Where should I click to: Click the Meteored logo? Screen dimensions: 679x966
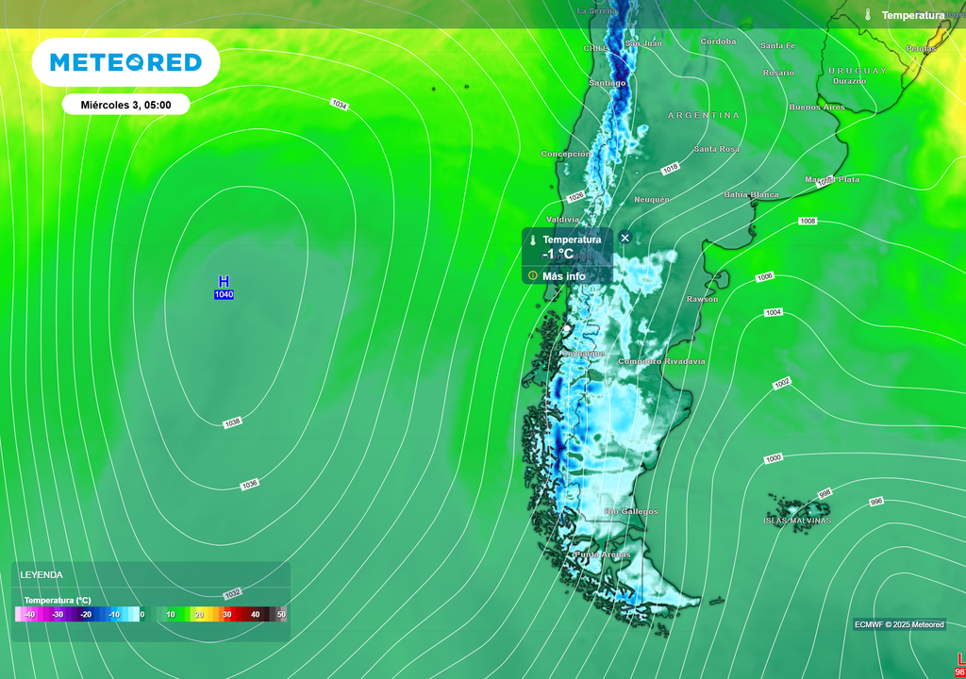pyautogui.click(x=125, y=62)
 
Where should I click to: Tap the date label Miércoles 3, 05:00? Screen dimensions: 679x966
pyautogui.click(x=125, y=105)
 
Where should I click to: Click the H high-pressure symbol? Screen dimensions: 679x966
pyautogui.click(x=224, y=281)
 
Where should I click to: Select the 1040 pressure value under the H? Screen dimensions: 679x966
pyautogui.click(x=224, y=295)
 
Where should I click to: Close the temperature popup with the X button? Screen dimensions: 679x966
pyautogui.click(x=625, y=238)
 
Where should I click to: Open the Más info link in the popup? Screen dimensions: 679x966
pyautogui.click(x=563, y=276)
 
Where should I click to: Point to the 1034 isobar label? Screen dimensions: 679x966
pyautogui.click(x=339, y=105)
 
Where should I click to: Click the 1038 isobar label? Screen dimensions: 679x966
pyautogui.click(x=233, y=423)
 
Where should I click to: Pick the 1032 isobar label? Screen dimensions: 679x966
pyautogui.click(x=233, y=593)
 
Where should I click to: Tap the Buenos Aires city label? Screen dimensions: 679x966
pyautogui.click(x=817, y=108)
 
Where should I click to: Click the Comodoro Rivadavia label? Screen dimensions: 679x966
pyautogui.click(x=661, y=361)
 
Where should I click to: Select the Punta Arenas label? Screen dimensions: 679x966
pyautogui.click(x=602, y=555)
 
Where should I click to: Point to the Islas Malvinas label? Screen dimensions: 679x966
pyautogui.click(x=798, y=521)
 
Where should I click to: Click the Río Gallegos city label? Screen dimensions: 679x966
pyautogui.click(x=631, y=512)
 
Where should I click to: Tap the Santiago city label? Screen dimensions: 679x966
pyautogui.click(x=607, y=83)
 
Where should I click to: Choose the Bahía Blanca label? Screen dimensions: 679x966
pyautogui.click(x=751, y=195)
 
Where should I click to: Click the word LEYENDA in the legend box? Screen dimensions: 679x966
pyautogui.click(x=42, y=574)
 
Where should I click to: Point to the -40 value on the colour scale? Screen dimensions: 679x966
pyautogui.click(x=29, y=615)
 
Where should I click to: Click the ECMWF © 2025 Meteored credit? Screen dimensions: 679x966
pyautogui.click(x=899, y=624)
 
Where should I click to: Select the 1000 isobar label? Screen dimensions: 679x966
pyautogui.click(x=774, y=458)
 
